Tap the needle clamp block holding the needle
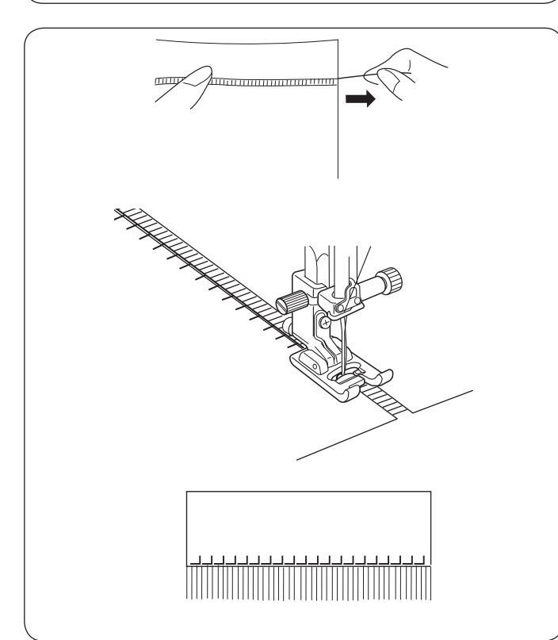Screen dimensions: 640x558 (341, 300)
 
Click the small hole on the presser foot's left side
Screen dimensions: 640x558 (308, 367)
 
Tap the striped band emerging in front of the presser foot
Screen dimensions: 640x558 (384, 402)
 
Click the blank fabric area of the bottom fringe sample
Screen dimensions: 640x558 (309, 519)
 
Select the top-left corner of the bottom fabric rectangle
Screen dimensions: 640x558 (186, 492)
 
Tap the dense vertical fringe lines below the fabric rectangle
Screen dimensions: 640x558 (309, 583)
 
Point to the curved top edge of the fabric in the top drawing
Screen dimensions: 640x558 (246, 40)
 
